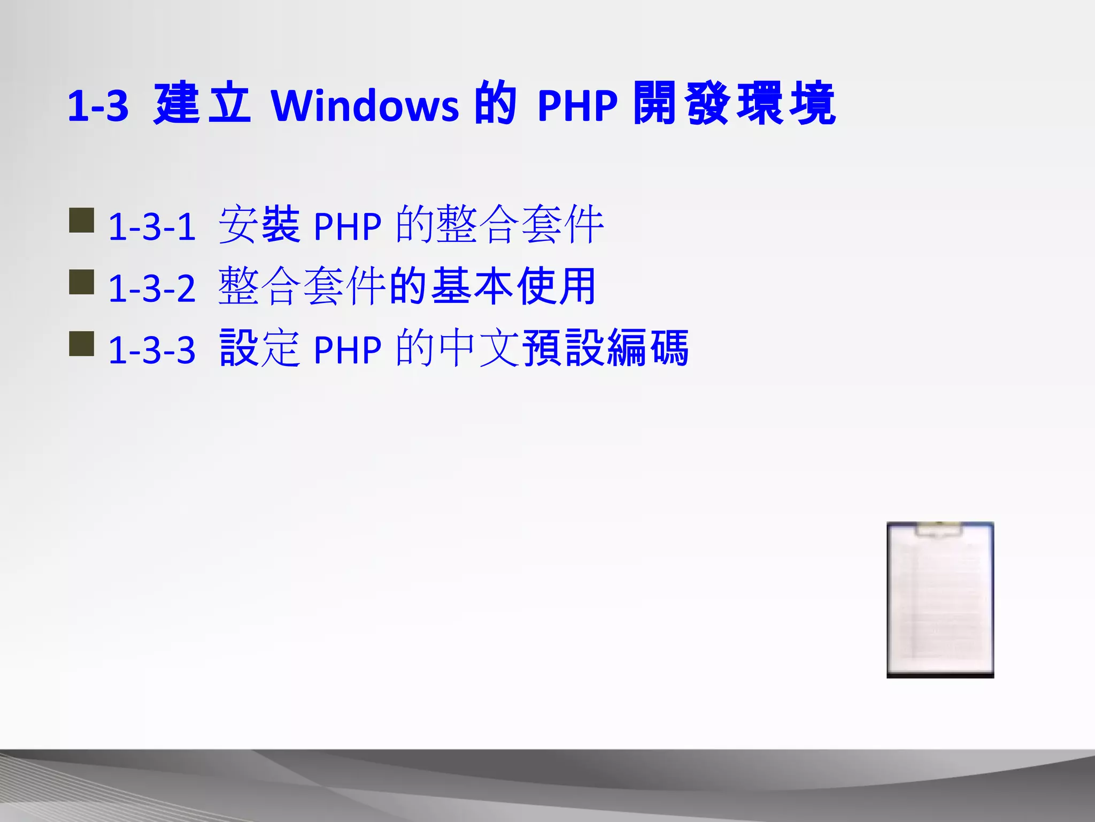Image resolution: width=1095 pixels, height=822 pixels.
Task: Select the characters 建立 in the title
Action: point(202,104)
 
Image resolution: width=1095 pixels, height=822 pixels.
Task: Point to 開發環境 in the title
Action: point(734,104)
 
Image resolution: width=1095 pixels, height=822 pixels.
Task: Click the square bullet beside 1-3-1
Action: point(82,220)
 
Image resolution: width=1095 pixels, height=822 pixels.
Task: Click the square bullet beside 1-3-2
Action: point(82,282)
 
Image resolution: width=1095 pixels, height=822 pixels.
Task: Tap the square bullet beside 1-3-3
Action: point(82,344)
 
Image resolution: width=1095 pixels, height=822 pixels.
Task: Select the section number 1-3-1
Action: point(152,226)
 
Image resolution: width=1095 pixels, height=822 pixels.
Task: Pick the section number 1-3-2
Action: point(152,288)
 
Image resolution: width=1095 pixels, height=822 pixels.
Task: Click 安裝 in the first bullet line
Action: point(259,225)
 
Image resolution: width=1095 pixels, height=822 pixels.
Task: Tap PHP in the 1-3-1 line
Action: point(348,227)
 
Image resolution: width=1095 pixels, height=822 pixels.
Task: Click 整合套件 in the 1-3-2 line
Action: point(302,287)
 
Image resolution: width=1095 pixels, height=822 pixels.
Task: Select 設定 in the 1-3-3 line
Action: point(259,348)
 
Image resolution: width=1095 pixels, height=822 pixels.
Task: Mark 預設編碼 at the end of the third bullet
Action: point(605,348)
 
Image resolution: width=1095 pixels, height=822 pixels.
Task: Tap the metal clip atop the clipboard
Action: point(939,529)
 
